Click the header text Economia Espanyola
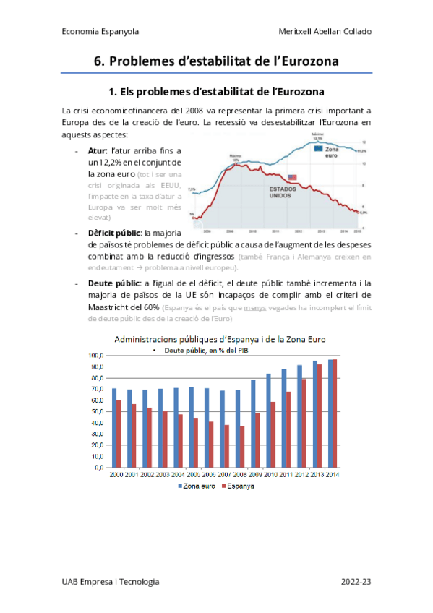(100, 32)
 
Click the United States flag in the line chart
(292, 177)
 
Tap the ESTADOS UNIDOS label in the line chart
(283, 193)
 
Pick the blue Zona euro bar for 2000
(114, 428)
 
